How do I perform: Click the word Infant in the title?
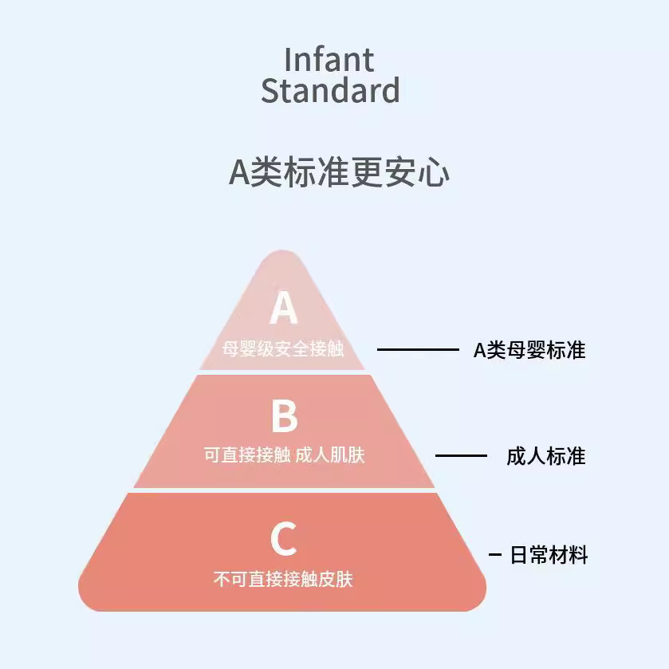pyautogui.click(x=329, y=60)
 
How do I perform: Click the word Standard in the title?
pyautogui.click(x=329, y=91)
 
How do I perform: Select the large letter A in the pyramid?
pyautogui.click(x=283, y=309)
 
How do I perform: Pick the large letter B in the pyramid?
pyautogui.click(x=284, y=416)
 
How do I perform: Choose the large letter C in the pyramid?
pyautogui.click(x=283, y=539)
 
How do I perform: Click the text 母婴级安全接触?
pyautogui.click(x=283, y=349)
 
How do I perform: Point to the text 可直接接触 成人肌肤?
pyautogui.click(x=284, y=455)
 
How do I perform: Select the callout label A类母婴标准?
pyautogui.click(x=529, y=350)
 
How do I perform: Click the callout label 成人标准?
pyautogui.click(x=546, y=456)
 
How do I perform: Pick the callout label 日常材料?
pyautogui.click(x=549, y=555)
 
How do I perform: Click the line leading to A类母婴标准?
pyautogui.click(x=418, y=349)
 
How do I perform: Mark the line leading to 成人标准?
pyautogui.click(x=461, y=456)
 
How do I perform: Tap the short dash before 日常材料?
pyautogui.click(x=495, y=555)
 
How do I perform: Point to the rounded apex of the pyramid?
pyautogui.click(x=283, y=257)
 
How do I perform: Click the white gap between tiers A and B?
pyautogui.click(x=283, y=372)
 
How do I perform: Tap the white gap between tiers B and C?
pyautogui.click(x=283, y=490)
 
